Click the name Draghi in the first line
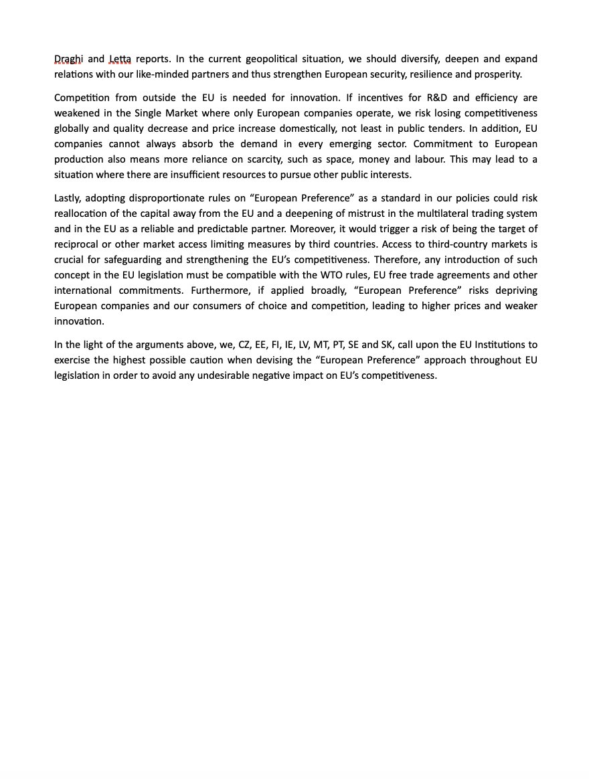click(68, 59)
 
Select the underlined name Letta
click(120, 59)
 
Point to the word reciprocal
click(75, 244)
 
